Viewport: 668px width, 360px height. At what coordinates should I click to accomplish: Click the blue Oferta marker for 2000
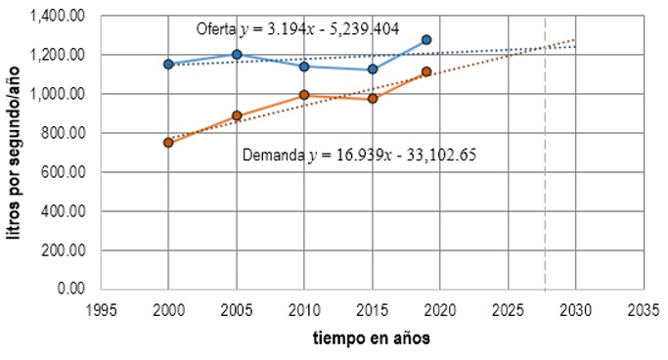168,64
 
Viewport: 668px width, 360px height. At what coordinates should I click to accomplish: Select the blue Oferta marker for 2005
237,55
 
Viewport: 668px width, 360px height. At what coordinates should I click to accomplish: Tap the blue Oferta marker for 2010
304,67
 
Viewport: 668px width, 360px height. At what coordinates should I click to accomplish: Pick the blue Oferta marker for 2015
373,69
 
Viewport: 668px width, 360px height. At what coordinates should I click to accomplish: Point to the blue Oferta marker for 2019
426,40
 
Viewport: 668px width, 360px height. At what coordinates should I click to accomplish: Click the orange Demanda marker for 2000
168,142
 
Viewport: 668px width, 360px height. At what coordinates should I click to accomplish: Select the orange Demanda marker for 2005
237,115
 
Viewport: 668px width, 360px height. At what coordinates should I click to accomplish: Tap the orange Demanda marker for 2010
304,95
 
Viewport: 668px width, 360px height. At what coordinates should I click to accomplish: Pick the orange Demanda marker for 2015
373,99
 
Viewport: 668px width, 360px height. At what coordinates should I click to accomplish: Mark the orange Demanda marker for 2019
426,71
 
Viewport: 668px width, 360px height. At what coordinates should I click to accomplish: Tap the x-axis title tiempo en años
372,338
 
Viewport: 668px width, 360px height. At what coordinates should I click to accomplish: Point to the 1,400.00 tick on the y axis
57,17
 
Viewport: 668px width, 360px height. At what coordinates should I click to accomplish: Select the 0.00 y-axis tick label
69,289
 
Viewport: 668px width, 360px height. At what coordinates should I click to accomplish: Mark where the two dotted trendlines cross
544,48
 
